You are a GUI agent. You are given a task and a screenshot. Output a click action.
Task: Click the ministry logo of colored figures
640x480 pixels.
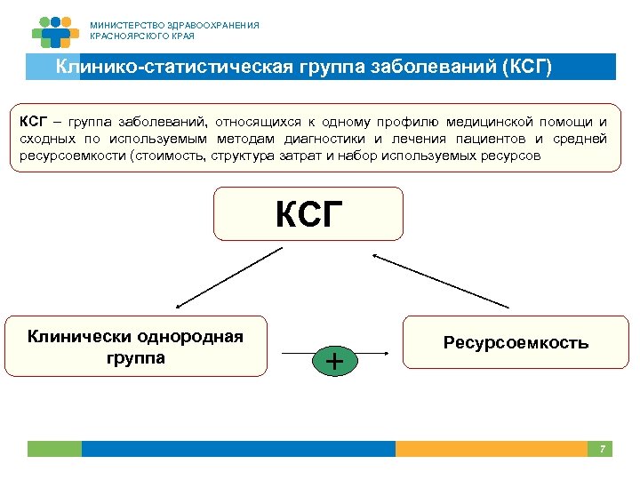tap(55, 31)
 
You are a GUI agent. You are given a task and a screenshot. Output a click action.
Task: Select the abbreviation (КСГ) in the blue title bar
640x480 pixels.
tap(526, 68)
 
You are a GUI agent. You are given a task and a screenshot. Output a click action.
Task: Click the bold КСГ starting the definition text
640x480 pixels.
tap(34, 122)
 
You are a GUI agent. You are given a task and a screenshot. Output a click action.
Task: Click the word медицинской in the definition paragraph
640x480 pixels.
tap(487, 122)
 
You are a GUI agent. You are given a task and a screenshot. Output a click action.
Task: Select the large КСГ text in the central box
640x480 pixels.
tap(308, 214)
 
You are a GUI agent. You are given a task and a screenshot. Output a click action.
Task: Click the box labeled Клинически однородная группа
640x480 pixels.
tap(136, 346)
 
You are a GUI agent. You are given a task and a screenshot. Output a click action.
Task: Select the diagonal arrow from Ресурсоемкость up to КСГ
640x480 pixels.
tap(441, 281)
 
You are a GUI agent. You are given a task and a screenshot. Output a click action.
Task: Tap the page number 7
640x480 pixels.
tap(602, 449)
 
